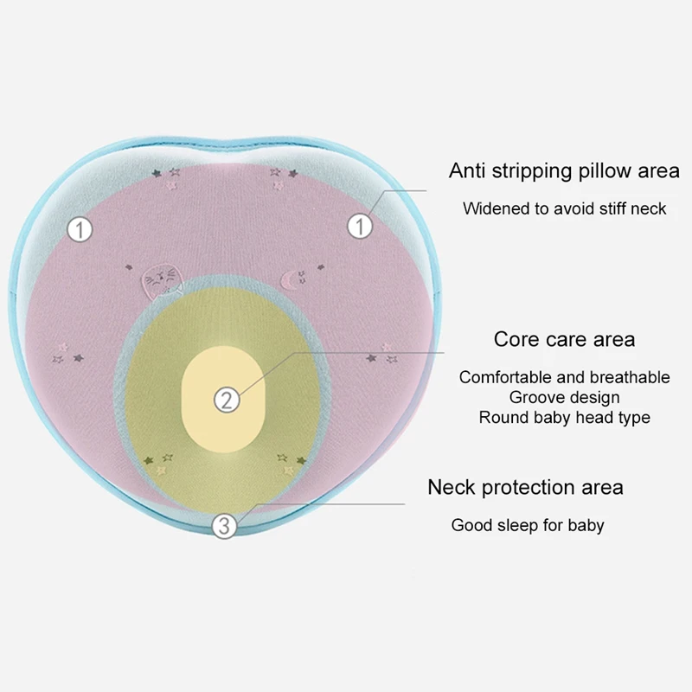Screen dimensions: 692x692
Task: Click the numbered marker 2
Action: pyautogui.click(x=227, y=400)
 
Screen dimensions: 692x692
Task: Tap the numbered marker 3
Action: pyautogui.click(x=224, y=526)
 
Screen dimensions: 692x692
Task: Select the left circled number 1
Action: pyautogui.click(x=80, y=230)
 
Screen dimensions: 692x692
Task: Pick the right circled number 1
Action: pyautogui.click(x=360, y=227)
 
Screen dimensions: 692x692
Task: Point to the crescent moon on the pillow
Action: pyautogui.click(x=288, y=279)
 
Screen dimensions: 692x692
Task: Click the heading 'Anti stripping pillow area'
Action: pyautogui.click(x=564, y=171)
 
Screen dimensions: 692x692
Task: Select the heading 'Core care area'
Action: pyautogui.click(x=565, y=339)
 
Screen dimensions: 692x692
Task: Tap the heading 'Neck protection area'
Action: pyautogui.click(x=525, y=488)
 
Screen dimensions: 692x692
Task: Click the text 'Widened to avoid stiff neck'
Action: pyautogui.click(x=565, y=208)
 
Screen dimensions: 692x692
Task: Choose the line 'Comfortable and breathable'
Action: pyautogui.click(x=565, y=377)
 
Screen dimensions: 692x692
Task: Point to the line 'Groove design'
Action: pyautogui.click(x=565, y=398)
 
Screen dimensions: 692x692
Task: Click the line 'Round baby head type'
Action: pyautogui.click(x=565, y=418)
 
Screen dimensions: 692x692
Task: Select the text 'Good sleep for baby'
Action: pyautogui.click(x=528, y=525)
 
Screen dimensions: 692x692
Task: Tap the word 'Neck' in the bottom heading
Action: pyautogui.click(x=452, y=487)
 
